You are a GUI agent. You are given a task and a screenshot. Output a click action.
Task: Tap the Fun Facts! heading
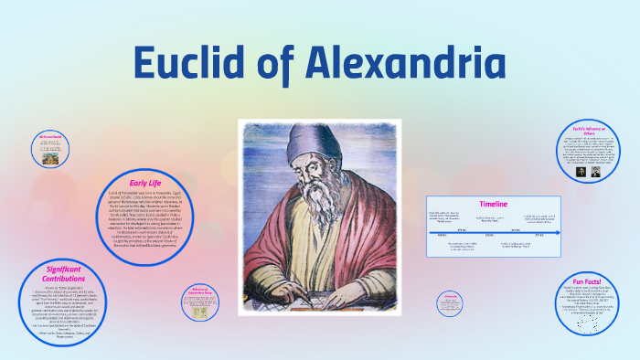[585, 281]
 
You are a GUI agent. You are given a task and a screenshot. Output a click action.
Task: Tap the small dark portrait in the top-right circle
[581, 170]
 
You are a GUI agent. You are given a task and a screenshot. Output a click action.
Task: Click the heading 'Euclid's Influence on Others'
[586, 131]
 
